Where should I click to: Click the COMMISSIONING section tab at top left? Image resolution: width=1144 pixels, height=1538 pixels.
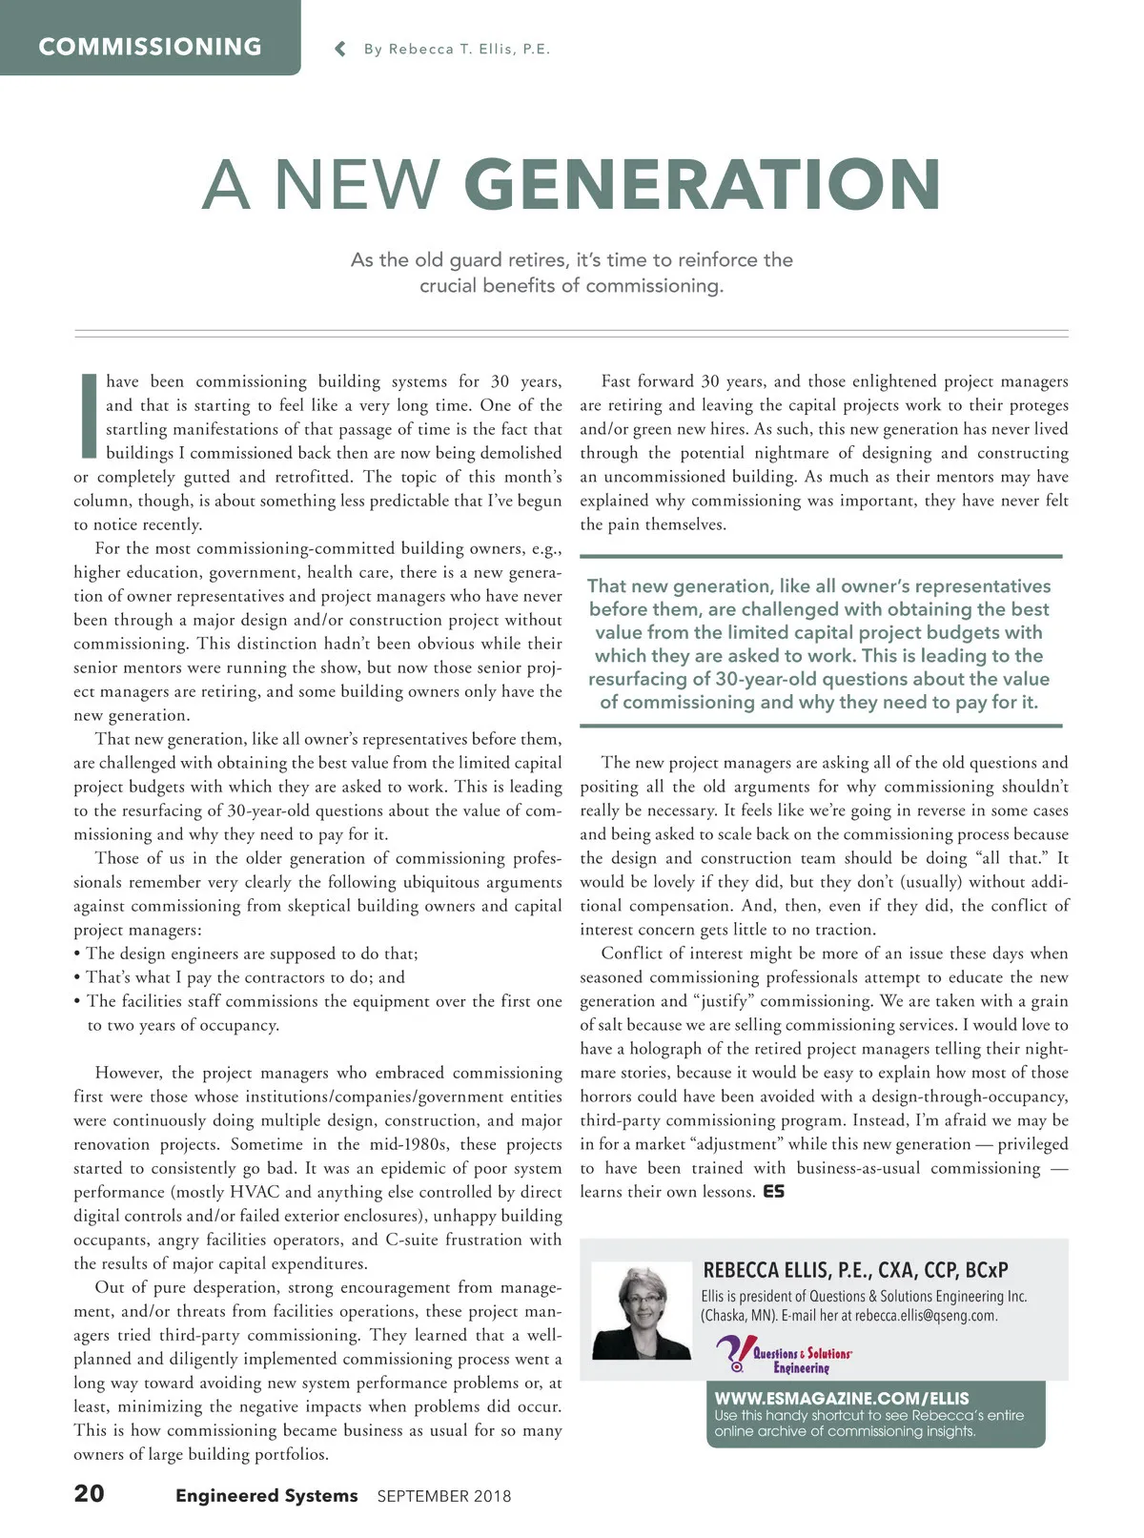(x=150, y=47)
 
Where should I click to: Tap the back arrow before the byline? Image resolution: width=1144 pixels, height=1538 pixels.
(x=340, y=49)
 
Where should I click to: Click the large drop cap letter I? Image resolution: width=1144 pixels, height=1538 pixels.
(x=89, y=416)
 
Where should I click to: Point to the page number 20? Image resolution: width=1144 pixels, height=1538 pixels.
(x=90, y=1493)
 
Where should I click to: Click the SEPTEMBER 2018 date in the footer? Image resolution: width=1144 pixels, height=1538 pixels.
(x=444, y=1496)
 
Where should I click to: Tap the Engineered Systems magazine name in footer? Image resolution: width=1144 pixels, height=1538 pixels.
(x=266, y=1496)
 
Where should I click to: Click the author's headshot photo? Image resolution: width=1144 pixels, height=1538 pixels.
(x=642, y=1311)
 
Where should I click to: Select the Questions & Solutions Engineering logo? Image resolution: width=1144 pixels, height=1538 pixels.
(x=784, y=1354)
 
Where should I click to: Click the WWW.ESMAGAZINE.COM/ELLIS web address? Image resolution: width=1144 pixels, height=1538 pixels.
(x=842, y=1398)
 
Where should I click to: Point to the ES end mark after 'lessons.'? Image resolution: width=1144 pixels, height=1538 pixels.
(x=774, y=1192)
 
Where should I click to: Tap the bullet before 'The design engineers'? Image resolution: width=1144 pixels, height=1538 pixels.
(x=77, y=954)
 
